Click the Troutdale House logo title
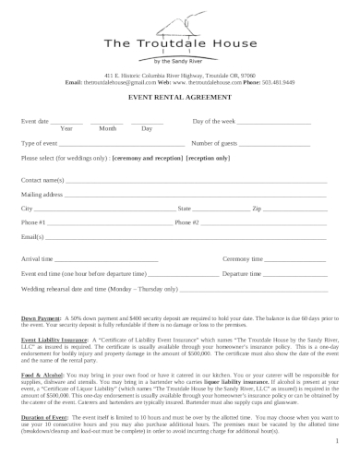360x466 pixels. tap(180, 43)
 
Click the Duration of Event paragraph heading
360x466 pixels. tap(42, 418)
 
